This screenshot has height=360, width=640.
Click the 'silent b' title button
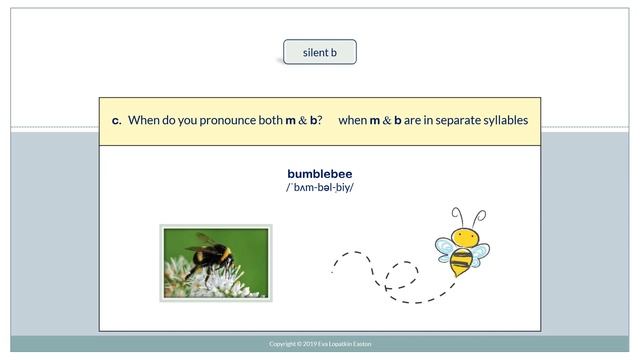coord(319,52)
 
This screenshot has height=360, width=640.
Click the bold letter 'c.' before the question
coord(116,121)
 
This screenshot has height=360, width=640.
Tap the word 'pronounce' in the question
coord(225,121)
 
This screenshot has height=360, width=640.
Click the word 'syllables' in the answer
coord(500,121)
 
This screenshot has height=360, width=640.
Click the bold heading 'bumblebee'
coord(319,174)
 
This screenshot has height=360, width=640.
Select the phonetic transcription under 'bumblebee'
coord(319,188)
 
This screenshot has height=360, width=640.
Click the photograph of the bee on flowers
coord(216,263)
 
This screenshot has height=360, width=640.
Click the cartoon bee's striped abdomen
coord(460,264)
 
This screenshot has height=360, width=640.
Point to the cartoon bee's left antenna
coord(457,216)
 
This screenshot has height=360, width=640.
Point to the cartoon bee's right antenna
coord(479,217)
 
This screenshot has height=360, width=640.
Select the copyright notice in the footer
coord(320,344)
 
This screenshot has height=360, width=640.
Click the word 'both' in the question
coord(270,121)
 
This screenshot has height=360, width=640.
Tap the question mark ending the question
coord(319,121)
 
